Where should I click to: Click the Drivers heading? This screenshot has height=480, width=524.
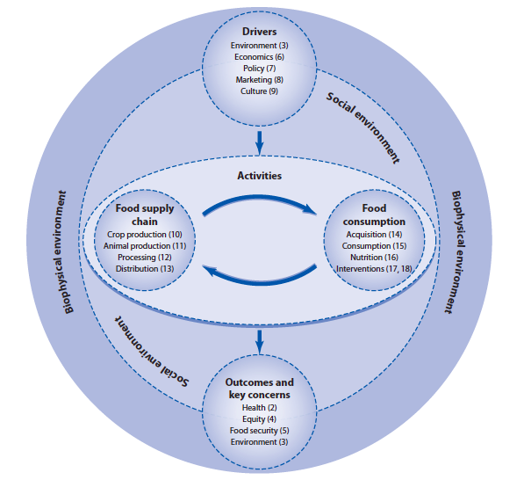259,32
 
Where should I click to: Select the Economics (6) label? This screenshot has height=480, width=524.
259,57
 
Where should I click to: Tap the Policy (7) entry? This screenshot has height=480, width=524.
259,69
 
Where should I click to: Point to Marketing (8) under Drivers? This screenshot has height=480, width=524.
259,80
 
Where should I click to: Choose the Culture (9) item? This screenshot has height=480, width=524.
259,91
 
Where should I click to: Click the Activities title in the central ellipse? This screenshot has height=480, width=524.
259,176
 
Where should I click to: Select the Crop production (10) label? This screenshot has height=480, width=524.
145,235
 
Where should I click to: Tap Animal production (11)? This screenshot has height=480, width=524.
145,246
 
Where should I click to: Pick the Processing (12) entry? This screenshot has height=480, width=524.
145,258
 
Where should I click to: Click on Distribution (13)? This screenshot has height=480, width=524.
145,269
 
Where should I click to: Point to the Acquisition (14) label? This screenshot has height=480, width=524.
374,235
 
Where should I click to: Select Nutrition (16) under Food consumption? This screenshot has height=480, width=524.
374,258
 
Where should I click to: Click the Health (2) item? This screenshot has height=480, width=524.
259,408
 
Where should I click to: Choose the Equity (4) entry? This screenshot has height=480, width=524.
259,419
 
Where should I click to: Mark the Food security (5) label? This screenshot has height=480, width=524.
259,431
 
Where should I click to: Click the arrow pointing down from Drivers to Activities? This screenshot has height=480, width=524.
259,143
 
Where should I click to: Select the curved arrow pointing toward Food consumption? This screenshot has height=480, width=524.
259,199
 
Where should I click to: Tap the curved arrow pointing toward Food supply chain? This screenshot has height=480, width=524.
259,282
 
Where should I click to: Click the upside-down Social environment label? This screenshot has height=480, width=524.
152,351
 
